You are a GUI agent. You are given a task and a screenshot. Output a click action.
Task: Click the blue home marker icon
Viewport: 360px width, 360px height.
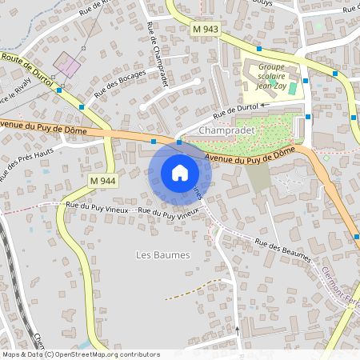(180, 173)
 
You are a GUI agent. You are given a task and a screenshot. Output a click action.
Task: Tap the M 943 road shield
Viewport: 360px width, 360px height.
(206, 29)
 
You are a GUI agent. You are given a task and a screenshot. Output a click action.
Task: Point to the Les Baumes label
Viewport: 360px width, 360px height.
(163, 255)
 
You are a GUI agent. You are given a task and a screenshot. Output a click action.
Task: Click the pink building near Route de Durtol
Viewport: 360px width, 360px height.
(66, 64)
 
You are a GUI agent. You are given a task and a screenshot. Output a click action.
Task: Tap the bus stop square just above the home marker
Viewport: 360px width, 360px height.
(179, 143)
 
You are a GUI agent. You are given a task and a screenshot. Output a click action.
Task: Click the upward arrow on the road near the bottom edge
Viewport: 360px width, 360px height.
(238, 329)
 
